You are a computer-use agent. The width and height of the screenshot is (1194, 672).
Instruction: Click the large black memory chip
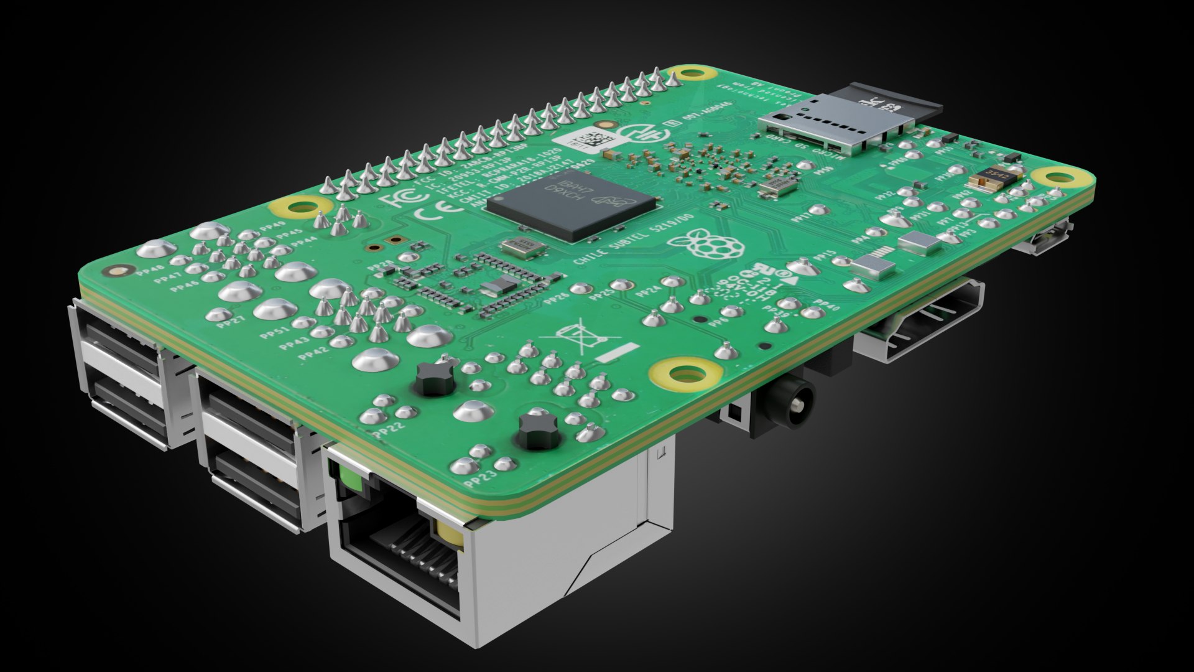pos(571,203)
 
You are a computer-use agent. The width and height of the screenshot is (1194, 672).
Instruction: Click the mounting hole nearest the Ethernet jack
pos(687,373)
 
